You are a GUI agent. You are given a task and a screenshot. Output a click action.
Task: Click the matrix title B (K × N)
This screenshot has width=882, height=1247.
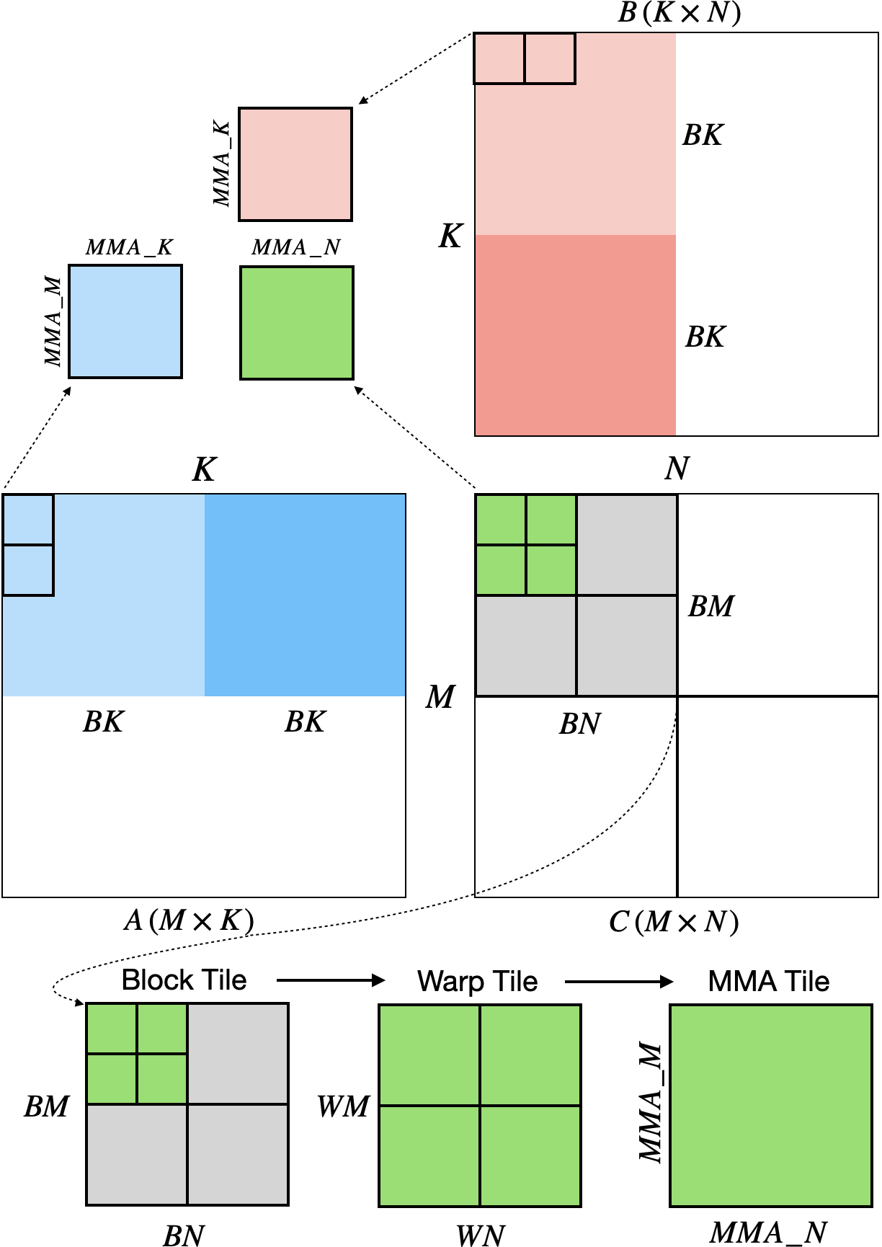(x=679, y=14)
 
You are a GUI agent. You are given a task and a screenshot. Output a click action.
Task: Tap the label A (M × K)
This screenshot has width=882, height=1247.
(x=189, y=920)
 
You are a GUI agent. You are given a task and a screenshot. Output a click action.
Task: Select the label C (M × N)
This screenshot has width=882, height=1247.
(x=673, y=922)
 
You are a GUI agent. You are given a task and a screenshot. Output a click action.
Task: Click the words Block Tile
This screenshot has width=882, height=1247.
(x=184, y=980)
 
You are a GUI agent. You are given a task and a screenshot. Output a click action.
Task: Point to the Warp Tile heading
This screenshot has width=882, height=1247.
(x=477, y=981)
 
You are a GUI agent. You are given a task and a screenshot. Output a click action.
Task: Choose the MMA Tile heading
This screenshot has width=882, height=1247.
(x=768, y=981)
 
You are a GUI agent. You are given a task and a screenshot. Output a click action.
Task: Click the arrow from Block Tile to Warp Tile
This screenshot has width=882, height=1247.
(x=331, y=980)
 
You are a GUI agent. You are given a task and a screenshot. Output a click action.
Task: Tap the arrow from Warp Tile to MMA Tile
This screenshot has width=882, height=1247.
(x=619, y=981)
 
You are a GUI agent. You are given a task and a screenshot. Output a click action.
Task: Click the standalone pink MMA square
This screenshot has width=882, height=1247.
(x=295, y=164)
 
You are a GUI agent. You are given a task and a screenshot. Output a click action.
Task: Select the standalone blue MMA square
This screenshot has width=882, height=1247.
(x=125, y=321)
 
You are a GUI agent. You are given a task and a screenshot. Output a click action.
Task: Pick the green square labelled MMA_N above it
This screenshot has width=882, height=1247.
(x=296, y=322)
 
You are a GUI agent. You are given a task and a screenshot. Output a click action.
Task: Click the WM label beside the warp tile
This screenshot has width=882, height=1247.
(x=343, y=1106)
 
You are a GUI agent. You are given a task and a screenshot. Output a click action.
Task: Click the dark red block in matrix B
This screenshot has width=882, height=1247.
(x=575, y=335)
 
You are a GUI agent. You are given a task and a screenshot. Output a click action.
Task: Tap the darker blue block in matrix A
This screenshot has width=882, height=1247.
(x=305, y=595)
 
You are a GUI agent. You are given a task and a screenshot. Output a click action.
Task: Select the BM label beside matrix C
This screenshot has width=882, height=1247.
(x=710, y=607)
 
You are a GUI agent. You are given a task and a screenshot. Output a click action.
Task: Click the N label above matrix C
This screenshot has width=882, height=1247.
(x=677, y=469)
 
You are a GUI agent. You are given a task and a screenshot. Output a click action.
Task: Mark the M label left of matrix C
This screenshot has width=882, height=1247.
(x=440, y=697)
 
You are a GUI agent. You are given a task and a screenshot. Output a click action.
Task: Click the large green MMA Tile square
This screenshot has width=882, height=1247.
(x=770, y=1105)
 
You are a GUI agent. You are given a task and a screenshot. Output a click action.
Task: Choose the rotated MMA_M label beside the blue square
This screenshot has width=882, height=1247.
(x=53, y=321)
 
